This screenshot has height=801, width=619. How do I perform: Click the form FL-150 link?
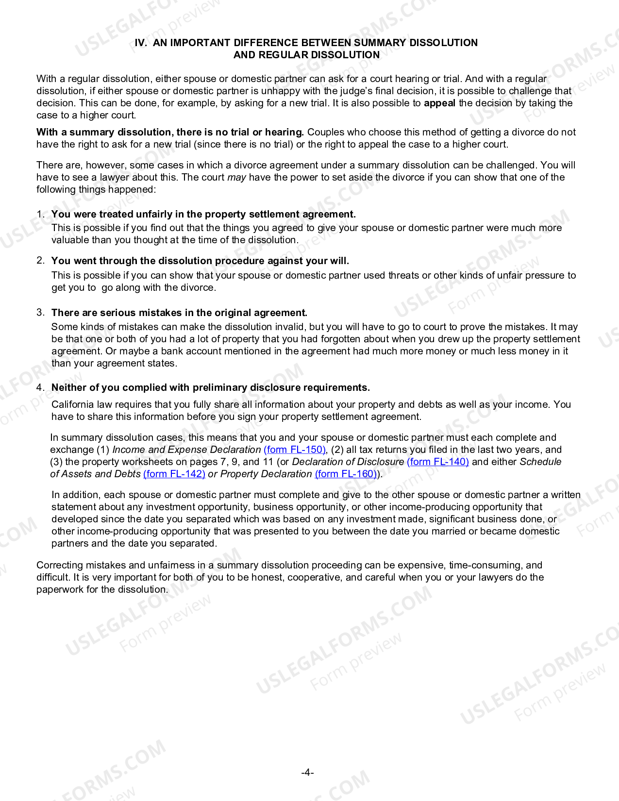[x=295, y=450]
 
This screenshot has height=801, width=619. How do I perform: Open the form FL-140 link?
[x=437, y=462]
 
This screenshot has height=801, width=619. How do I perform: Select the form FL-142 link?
[x=174, y=474]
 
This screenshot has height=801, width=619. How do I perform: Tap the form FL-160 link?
[x=346, y=474]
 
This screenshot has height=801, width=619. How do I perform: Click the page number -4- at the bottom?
[x=307, y=772]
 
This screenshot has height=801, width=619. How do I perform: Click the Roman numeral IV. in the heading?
[x=141, y=43]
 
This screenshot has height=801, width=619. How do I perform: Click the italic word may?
[x=236, y=177]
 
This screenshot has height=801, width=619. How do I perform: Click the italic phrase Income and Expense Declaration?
[x=186, y=450]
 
